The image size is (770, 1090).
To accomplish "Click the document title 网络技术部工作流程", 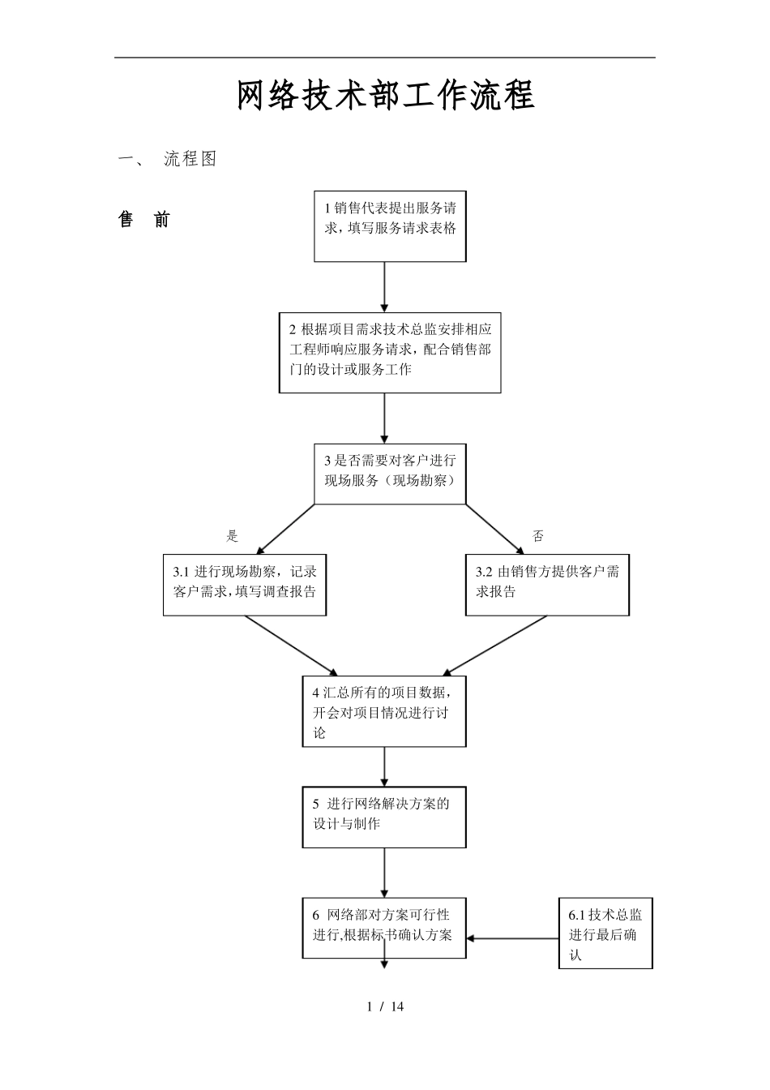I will click(385, 96).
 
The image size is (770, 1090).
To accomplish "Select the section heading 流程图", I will click(190, 159).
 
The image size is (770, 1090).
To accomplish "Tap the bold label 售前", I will click(144, 220).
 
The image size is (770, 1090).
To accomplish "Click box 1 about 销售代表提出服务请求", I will click(390, 226).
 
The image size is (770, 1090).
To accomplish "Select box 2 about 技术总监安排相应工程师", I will click(390, 353).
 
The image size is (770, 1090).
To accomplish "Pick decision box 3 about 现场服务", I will click(390, 474).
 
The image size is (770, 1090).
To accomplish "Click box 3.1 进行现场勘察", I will click(244, 585).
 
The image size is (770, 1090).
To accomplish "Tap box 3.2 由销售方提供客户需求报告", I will click(547, 585).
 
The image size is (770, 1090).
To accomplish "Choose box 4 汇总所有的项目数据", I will click(384, 711).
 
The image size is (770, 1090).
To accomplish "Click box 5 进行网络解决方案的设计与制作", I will click(384, 817).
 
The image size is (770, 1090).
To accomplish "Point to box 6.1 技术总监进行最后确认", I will click(605, 933).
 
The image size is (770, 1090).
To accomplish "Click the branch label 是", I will click(233, 536).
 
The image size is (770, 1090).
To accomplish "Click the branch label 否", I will click(538, 536).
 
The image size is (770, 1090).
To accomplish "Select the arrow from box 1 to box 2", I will click(384, 287).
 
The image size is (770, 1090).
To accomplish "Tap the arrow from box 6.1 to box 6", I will click(512, 939).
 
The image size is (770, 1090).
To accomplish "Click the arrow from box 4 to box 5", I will click(384, 766).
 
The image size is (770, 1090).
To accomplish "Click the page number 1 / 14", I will click(385, 1007).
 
